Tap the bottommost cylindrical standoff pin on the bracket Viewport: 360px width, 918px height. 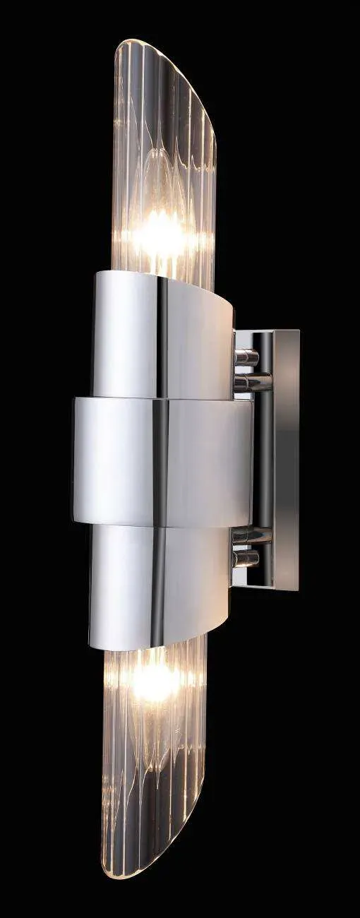[246, 559]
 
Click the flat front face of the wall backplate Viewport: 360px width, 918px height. [286, 459]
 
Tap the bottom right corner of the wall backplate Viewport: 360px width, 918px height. [298, 590]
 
